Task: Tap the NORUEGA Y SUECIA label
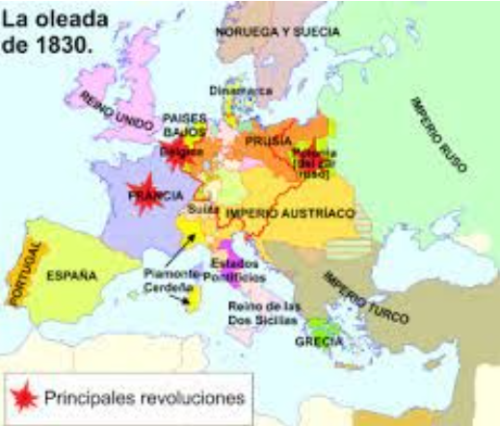(276, 31)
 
